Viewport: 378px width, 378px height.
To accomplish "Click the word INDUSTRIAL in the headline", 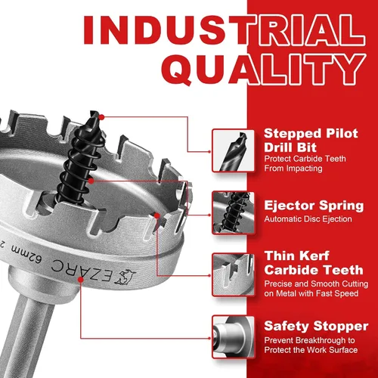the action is (x=224, y=30).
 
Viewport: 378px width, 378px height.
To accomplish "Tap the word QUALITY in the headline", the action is (x=264, y=69).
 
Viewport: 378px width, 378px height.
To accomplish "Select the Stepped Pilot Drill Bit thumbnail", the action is (x=233, y=150).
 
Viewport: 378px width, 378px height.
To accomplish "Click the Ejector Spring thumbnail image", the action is (x=233, y=213).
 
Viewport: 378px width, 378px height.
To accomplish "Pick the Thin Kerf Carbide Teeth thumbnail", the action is (x=233, y=274).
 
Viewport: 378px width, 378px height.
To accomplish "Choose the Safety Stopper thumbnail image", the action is (x=233, y=336).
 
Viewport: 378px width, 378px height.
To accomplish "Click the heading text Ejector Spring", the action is (x=314, y=206).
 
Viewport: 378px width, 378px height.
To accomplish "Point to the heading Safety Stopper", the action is (x=316, y=327).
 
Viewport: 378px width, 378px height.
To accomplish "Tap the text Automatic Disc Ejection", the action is (x=308, y=219).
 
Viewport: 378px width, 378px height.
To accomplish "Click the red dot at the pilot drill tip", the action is (x=101, y=117).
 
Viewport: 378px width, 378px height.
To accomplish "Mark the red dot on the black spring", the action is (x=91, y=181).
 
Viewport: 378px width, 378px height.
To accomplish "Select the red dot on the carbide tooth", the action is (x=157, y=215).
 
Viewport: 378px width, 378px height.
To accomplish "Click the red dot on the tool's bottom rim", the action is (x=81, y=280).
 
